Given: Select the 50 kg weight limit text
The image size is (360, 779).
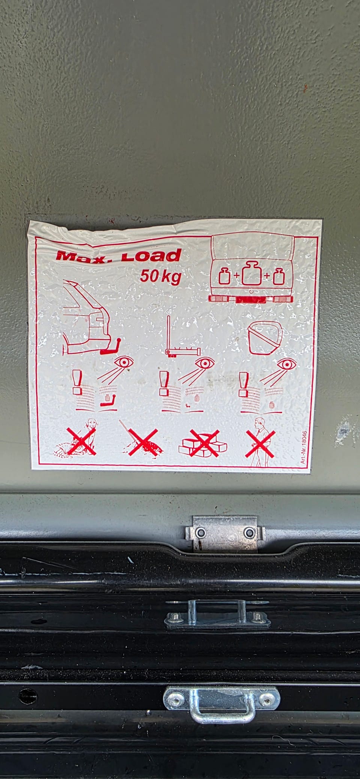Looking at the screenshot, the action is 160,277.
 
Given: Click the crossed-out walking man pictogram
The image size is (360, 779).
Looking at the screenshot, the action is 260,442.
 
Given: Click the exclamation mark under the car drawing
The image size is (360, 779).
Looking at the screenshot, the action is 78,382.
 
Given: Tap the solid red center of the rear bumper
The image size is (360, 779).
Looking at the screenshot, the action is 251,299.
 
